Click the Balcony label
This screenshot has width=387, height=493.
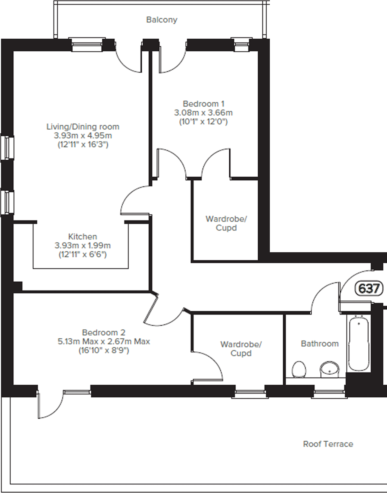point(162,20)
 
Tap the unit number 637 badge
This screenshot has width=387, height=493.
point(369,288)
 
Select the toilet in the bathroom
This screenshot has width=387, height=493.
point(299,369)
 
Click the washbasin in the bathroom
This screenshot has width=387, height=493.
point(330,370)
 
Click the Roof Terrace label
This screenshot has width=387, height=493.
point(328,444)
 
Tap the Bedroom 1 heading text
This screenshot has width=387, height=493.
point(204,104)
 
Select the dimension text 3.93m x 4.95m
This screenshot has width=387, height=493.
point(83,135)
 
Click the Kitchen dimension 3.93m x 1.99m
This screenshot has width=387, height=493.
point(83,245)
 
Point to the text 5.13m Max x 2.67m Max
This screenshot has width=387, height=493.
point(104,341)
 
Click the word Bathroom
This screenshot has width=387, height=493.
point(320,344)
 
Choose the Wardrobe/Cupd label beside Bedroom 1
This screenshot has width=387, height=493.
point(226,223)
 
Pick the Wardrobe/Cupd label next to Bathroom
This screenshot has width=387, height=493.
point(241,349)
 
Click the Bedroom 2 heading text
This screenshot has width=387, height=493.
point(104,332)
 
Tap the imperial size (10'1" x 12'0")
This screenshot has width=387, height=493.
point(203,121)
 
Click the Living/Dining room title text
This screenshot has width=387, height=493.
point(83,127)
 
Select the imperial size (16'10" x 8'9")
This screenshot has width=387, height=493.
point(104,351)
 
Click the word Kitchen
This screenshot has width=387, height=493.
point(83,236)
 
